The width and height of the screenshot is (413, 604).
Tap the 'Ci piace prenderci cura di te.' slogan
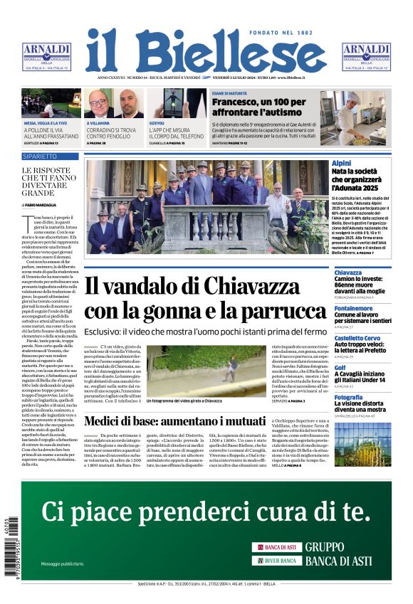click(x=206, y=510)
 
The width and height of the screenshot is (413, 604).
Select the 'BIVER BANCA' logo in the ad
click(x=276, y=561)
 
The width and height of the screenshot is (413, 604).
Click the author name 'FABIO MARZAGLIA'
click(x=43, y=204)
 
